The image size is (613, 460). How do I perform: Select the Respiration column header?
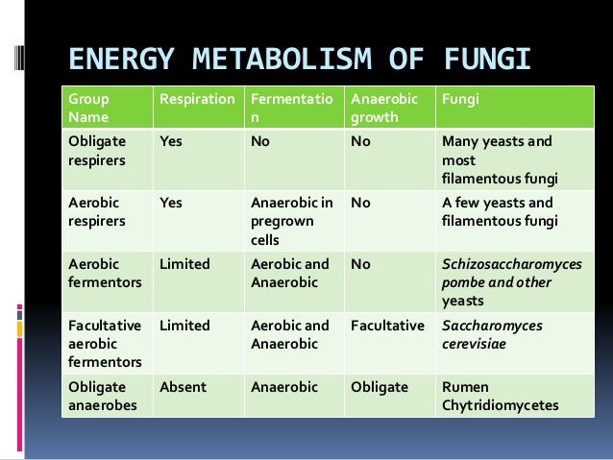[x=196, y=98]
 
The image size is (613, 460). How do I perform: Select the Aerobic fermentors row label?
[x=103, y=273]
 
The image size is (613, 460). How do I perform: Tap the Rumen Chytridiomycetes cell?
[x=500, y=397]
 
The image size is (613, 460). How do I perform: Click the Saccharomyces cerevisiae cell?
[x=492, y=334]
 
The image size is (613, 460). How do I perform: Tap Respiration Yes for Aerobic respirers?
[x=171, y=203]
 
